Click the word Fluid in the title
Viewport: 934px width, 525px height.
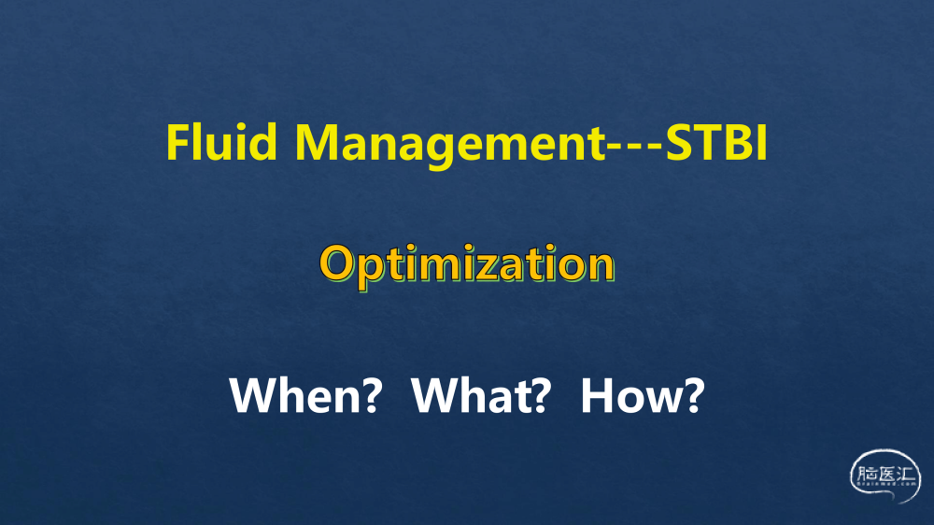[x=221, y=142]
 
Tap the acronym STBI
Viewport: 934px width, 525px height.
[x=716, y=142]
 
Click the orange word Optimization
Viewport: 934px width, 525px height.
[x=467, y=266]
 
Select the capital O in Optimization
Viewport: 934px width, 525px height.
[x=338, y=263]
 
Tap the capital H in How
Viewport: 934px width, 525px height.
[x=598, y=395]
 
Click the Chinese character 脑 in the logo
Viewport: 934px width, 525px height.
[x=868, y=475]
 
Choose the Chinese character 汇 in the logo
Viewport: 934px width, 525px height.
[x=905, y=475]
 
